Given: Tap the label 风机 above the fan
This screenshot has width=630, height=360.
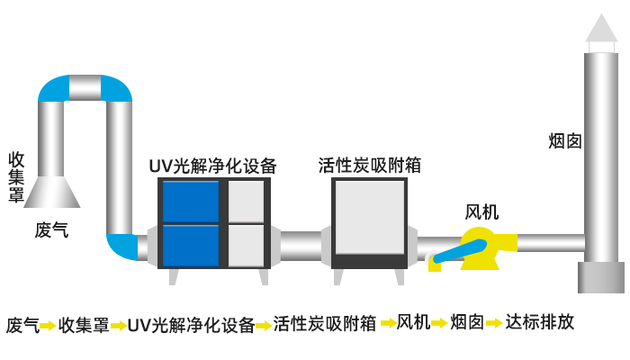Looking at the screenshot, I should [481, 212].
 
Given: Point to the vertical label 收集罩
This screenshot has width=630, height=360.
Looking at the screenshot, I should [16, 176].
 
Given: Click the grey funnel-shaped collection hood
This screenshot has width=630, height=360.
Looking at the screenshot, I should [52, 191].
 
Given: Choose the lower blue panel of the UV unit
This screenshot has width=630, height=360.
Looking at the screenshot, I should [190, 245].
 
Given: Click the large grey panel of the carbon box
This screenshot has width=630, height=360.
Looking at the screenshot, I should [369, 216].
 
